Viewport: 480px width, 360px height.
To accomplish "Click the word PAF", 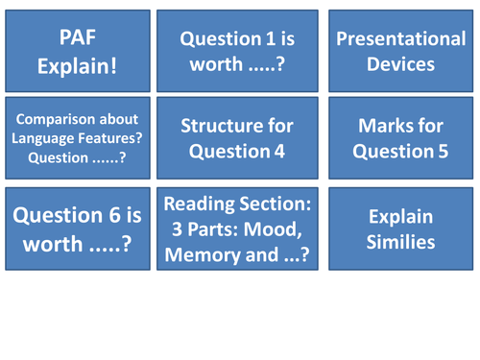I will tap(77, 36).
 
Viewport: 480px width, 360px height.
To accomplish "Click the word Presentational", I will tap(399, 39).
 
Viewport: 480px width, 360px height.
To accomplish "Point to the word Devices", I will tap(399, 64).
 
